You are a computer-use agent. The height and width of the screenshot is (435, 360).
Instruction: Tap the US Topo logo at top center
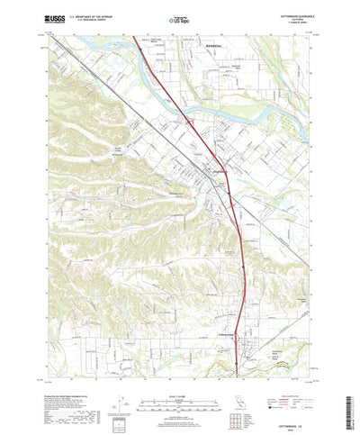(180, 18)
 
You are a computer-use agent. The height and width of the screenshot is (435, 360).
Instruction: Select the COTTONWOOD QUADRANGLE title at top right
(286, 13)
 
